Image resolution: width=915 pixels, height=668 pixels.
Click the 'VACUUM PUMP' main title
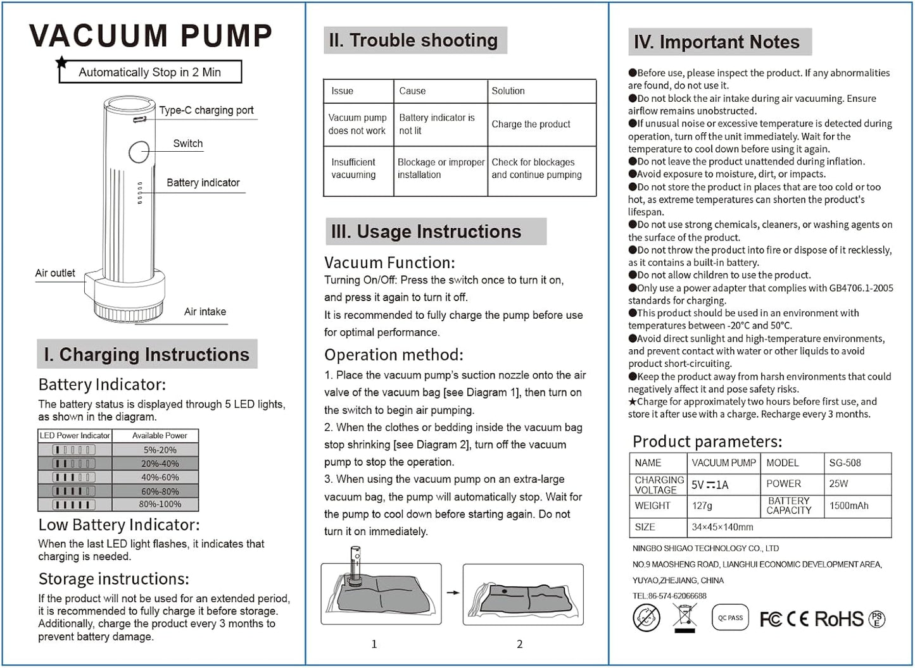click(151, 35)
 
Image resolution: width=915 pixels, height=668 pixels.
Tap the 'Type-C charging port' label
click(206, 110)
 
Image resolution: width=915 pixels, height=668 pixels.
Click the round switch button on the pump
click(139, 152)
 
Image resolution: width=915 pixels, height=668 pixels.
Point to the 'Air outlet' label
click(55, 273)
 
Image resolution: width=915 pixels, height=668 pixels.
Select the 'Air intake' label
click(205, 312)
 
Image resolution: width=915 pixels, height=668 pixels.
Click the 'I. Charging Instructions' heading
click(146, 355)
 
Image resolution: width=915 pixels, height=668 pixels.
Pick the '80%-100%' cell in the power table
click(160, 504)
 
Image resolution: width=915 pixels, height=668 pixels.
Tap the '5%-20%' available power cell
click(160, 450)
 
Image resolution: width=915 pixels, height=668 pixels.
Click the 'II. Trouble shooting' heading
click(413, 40)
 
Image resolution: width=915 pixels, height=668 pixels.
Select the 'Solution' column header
click(508, 91)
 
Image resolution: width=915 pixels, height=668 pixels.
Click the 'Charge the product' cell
click(531, 124)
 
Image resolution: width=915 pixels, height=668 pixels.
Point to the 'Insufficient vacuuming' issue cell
click(353, 168)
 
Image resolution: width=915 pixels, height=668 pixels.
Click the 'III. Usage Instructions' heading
click(426, 232)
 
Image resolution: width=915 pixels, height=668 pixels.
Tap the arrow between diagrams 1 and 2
click(453, 593)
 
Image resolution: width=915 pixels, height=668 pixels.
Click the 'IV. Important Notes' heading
click(717, 42)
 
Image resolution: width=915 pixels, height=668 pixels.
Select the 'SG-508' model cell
click(845, 463)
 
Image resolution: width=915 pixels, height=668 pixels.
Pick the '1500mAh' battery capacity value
click(849, 505)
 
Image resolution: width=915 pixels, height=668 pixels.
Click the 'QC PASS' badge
click(730, 618)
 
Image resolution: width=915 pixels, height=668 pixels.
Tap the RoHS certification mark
click(839, 619)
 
